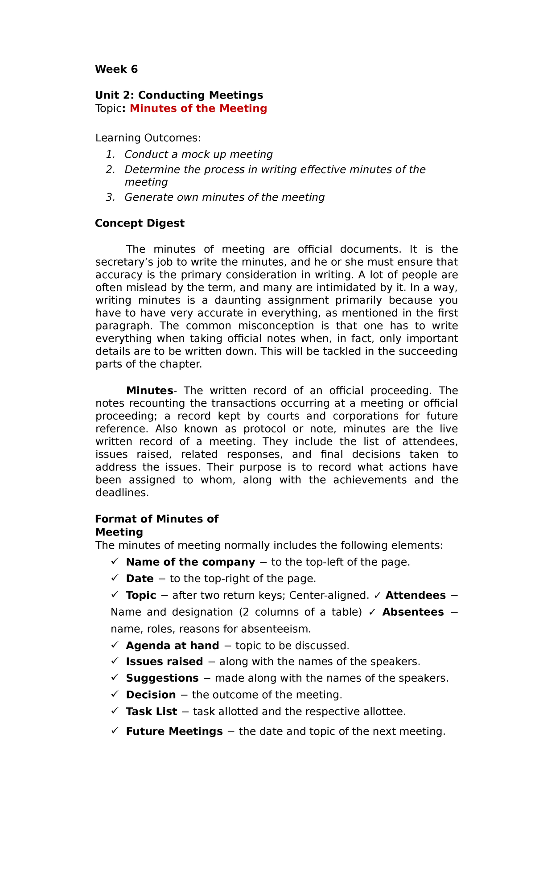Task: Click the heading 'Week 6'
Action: (116, 69)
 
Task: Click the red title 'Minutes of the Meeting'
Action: (198, 108)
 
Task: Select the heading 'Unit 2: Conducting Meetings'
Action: (179, 95)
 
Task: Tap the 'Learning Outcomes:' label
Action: (148, 138)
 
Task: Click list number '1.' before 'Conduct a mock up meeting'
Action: (110, 154)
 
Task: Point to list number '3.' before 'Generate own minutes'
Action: (110, 197)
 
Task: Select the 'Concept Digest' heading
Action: (140, 223)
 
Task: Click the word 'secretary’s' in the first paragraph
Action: (121, 262)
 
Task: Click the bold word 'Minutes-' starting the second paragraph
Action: (151, 391)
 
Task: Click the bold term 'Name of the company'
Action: (190, 562)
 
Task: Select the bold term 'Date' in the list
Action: (140, 579)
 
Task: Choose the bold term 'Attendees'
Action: (415, 596)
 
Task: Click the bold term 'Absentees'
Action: (413, 612)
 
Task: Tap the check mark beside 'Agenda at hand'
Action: (115, 645)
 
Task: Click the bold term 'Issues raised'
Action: (164, 662)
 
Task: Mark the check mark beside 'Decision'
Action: (115, 694)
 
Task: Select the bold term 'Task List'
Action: (151, 712)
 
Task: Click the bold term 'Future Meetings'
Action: (174, 732)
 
